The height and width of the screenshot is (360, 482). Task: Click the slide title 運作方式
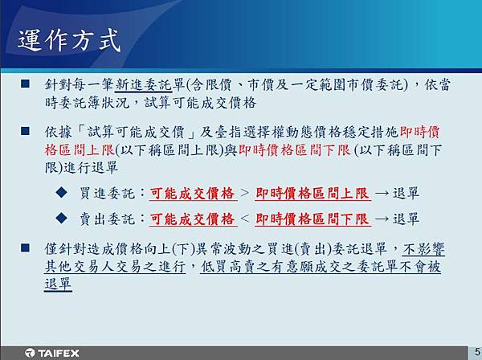[x=69, y=40]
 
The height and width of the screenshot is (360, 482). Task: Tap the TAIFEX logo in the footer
[x=52, y=353]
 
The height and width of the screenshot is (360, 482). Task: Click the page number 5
[x=477, y=351]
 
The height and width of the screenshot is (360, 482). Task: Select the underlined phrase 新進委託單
[x=149, y=84]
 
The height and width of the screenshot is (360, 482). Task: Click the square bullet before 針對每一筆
[x=25, y=84]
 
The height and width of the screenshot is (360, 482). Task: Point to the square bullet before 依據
[x=25, y=131]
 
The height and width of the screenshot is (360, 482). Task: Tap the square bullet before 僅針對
[x=25, y=247]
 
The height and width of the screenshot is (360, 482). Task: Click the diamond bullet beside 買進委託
[x=62, y=192]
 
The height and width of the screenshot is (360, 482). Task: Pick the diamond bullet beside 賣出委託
[x=62, y=218]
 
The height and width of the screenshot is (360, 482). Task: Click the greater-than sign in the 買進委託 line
[x=245, y=193]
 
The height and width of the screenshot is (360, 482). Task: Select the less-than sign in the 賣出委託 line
[x=245, y=219]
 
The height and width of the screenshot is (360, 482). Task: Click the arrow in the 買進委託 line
[x=382, y=194]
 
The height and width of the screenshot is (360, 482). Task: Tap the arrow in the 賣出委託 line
[x=382, y=219]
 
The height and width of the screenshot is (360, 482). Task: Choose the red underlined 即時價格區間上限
[x=312, y=194]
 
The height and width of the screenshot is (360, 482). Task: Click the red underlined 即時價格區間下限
[x=312, y=219]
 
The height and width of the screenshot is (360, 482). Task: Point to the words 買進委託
[x=107, y=194]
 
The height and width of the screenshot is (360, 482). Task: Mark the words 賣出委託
[x=107, y=219]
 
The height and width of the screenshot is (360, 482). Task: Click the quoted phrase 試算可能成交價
[x=136, y=133]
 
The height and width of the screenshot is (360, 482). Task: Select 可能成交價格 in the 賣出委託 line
[x=193, y=219]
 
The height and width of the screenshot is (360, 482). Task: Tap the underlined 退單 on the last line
[x=58, y=284]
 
